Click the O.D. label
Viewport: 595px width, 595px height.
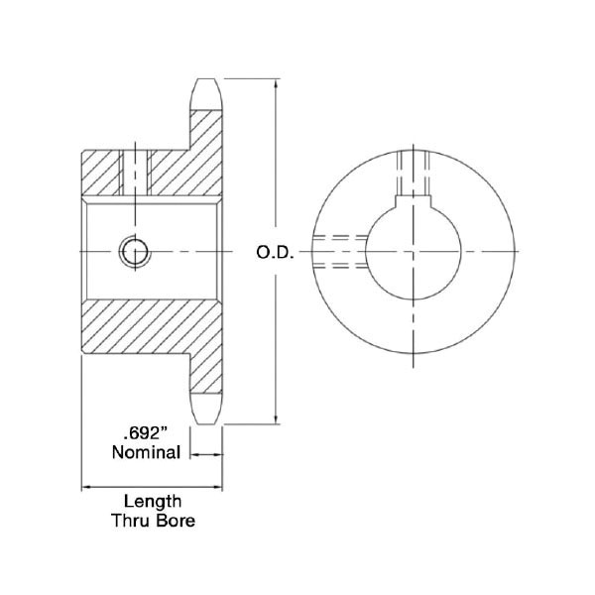pyautogui.click(x=275, y=253)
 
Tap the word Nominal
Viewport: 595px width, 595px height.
pyautogui.click(x=146, y=452)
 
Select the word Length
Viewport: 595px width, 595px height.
pyautogui.click(x=153, y=502)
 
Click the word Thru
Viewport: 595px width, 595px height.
pyautogui.click(x=131, y=521)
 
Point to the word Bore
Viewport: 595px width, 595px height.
pyautogui.click(x=177, y=521)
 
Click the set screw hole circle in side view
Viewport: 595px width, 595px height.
pyautogui.click(x=135, y=252)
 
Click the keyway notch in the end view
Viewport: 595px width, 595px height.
pyautogui.click(x=414, y=202)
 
